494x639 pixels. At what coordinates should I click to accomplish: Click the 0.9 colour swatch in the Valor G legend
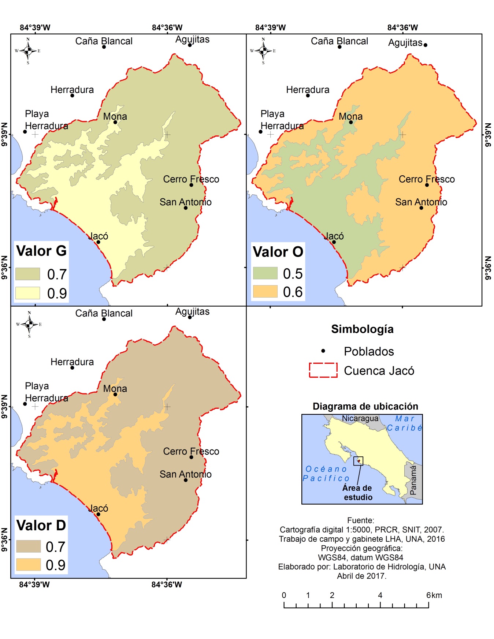27,293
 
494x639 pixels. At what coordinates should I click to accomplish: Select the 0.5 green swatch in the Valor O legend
265,273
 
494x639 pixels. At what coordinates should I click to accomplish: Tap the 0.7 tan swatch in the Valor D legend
28,546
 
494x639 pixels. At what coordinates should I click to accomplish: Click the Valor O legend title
278,252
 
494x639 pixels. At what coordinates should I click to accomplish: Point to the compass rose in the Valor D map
29,324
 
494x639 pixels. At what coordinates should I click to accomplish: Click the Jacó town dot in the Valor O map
334,242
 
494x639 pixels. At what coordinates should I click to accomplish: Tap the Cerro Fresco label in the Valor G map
191,179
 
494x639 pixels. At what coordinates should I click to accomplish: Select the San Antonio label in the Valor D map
185,474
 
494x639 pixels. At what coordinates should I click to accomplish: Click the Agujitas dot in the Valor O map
425,45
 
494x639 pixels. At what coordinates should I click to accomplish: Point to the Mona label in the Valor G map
115,116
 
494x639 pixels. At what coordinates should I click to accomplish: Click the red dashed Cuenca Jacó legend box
323,370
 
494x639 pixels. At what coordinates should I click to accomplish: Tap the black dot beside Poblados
323,351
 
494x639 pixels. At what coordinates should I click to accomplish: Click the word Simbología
362,329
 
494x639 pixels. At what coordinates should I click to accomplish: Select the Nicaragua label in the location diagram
360,418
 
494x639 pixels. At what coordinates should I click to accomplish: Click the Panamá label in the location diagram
413,480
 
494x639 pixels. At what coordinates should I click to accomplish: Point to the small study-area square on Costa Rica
358,461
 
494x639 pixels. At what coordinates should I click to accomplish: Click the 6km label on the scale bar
434,595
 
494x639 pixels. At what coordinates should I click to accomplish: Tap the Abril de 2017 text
361,576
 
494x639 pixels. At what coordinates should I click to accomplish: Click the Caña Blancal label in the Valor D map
104,313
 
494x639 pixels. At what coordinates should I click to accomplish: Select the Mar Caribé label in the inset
404,423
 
